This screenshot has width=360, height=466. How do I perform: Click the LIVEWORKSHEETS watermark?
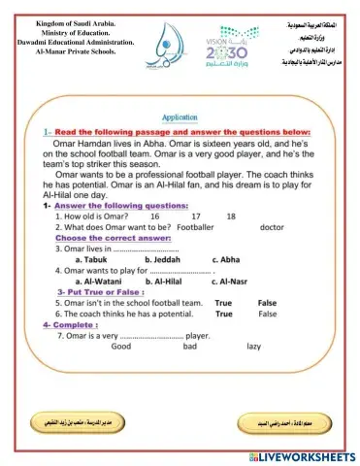301,455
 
